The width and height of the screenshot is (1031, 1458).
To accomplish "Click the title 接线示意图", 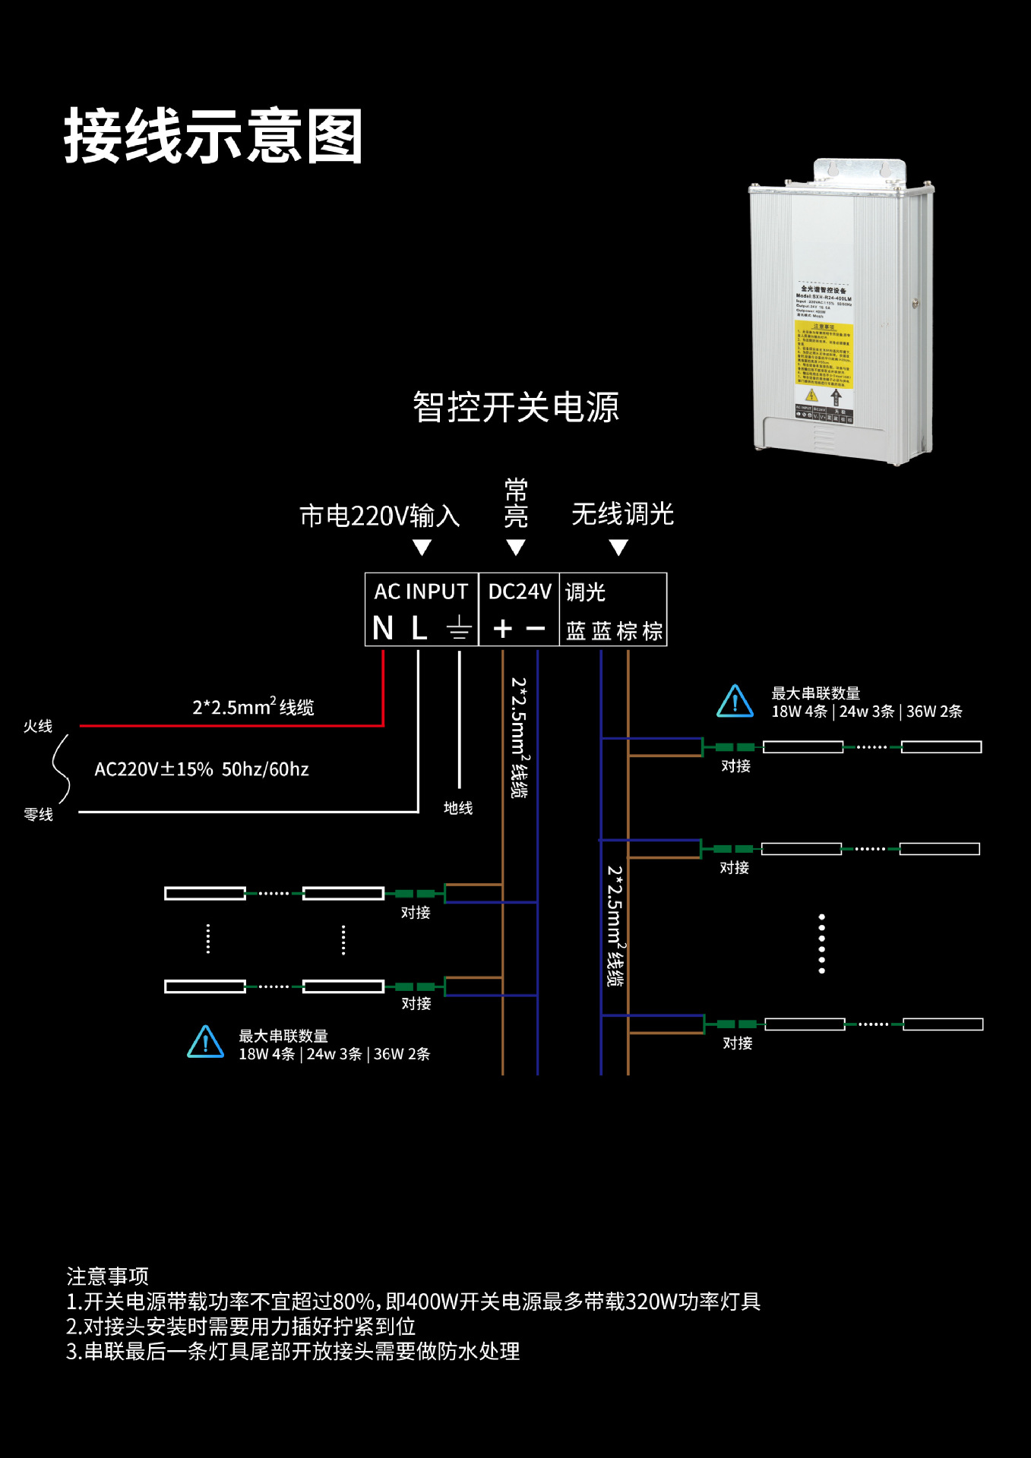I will pyautogui.click(x=213, y=137).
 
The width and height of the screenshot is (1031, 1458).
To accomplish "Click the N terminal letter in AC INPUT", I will pyautogui.click(x=383, y=629).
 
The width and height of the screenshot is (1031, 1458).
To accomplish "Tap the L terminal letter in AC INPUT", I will pyautogui.click(x=419, y=629).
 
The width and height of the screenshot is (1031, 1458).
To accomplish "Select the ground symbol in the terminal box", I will pyautogui.click(x=459, y=629).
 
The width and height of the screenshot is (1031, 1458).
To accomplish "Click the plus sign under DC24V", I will pyautogui.click(x=503, y=629).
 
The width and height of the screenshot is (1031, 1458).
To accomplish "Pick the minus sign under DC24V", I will pyautogui.click(x=536, y=629).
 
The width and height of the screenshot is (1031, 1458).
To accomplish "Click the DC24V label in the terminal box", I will pyautogui.click(x=520, y=592).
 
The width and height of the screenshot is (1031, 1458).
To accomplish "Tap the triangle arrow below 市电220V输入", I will pyautogui.click(x=422, y=548).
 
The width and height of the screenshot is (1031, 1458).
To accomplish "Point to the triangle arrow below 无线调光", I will pyautogui.click(x=618, y=548).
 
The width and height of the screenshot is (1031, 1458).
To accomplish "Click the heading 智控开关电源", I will pyautogui.click(x=516, y=408).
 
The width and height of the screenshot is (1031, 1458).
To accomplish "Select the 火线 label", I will pyautogui.click(x=38, y=727).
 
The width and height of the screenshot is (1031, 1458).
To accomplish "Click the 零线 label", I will pyautogui.click(x=38, y=815).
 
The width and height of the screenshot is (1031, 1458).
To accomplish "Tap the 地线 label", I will pyautogui.click(x=458, y=808).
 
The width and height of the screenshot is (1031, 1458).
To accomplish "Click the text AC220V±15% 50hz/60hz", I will pyautogui.click(x=201, y=769).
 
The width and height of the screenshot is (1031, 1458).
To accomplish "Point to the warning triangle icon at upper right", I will pyautogui.click(x=735, y=702).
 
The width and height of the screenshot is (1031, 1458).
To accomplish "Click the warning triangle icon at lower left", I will pyautogui.click(x=205, y=1043).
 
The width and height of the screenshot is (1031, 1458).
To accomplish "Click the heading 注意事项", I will pyautogui.click(x=107, y=1277).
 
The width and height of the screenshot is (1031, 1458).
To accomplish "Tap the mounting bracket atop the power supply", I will pyautogui.click(x=860, y=170).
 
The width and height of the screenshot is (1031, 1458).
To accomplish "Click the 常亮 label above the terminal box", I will pyautogui.click(x=516, y=503).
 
